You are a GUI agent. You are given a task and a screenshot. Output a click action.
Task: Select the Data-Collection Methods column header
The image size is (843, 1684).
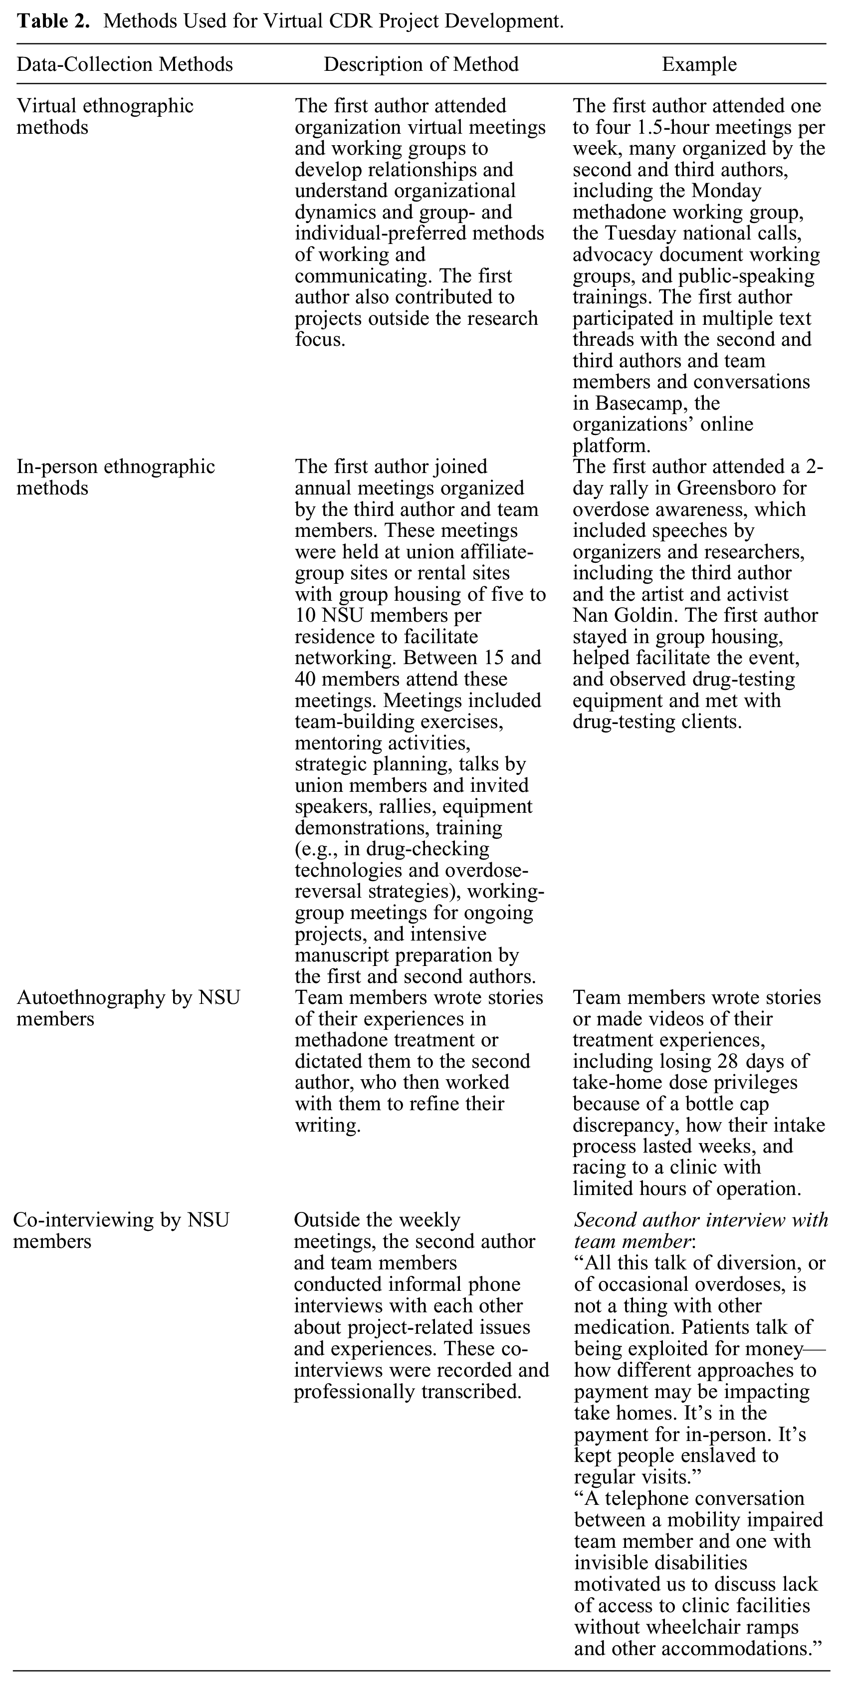click(x=124, y=64)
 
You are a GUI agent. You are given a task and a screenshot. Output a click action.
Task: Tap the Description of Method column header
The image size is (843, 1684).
click(x=421, y=64)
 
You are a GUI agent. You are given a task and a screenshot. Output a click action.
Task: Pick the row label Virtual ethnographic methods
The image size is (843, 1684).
click(x=105, y=116)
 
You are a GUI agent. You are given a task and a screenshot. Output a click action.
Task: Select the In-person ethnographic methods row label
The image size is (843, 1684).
click(x=115, y=477)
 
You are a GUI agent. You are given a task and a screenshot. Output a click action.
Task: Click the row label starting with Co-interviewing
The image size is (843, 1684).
click(x=121, y=1230)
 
